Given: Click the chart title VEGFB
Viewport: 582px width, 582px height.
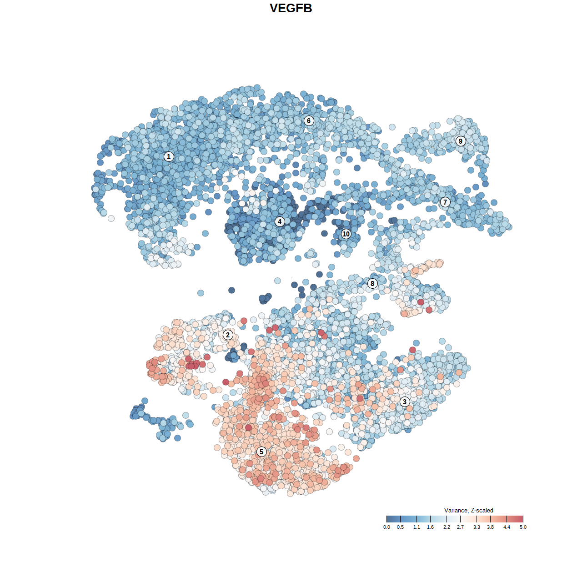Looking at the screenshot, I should (x=291, y=8).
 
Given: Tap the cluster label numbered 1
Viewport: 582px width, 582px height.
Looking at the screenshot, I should (x=169, y=156).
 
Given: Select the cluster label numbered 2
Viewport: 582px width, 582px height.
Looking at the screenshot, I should (x=228, y=335).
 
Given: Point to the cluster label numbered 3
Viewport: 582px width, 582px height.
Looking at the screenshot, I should (x=405, y=401).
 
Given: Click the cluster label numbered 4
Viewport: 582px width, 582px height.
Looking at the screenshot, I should (x=280, y=221).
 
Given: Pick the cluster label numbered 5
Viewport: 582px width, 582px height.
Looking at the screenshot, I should (x=261, y=452).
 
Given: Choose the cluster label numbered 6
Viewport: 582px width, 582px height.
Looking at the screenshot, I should (x=309, y=120).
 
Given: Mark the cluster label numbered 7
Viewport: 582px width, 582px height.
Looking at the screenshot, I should (x=445, y=202).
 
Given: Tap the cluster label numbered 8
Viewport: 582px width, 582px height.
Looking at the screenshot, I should (x=372, y=283).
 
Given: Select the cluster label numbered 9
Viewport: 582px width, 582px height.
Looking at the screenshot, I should (x=461, y=141).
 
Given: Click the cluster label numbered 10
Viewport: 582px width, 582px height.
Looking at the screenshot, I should (x=346, y=234).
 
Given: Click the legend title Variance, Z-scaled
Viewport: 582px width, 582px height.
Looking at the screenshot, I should (x=468, y=510).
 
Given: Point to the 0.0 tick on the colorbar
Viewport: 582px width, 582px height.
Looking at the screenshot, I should (x=386, y=519).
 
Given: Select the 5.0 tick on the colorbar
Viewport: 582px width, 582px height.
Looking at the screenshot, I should (x=523, y=519).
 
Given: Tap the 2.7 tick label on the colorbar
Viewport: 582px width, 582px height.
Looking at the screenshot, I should (x=460, y=527).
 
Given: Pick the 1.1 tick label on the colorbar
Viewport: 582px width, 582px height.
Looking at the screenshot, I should (x=416, y=527).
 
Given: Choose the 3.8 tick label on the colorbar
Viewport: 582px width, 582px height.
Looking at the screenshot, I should (x=490, y=527).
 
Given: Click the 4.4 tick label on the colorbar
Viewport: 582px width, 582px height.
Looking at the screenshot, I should (x=507, y=527).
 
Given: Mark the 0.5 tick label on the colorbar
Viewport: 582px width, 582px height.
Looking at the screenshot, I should (x=400, y=527).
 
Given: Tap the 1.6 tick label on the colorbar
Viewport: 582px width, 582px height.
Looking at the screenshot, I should (x=430, y=527).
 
